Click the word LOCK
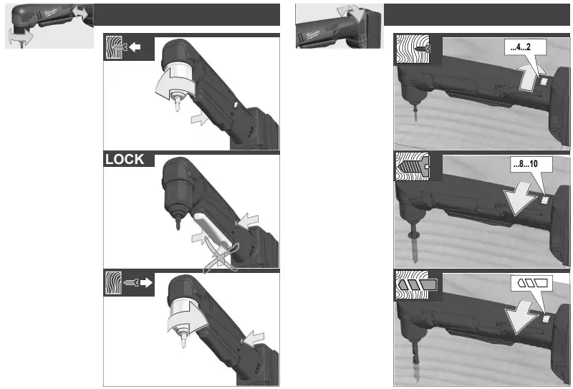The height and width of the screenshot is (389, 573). pyautogui.click(x=125, y=159)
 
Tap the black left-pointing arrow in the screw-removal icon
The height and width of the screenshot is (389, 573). pyautogui.click(x=135, y=49)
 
